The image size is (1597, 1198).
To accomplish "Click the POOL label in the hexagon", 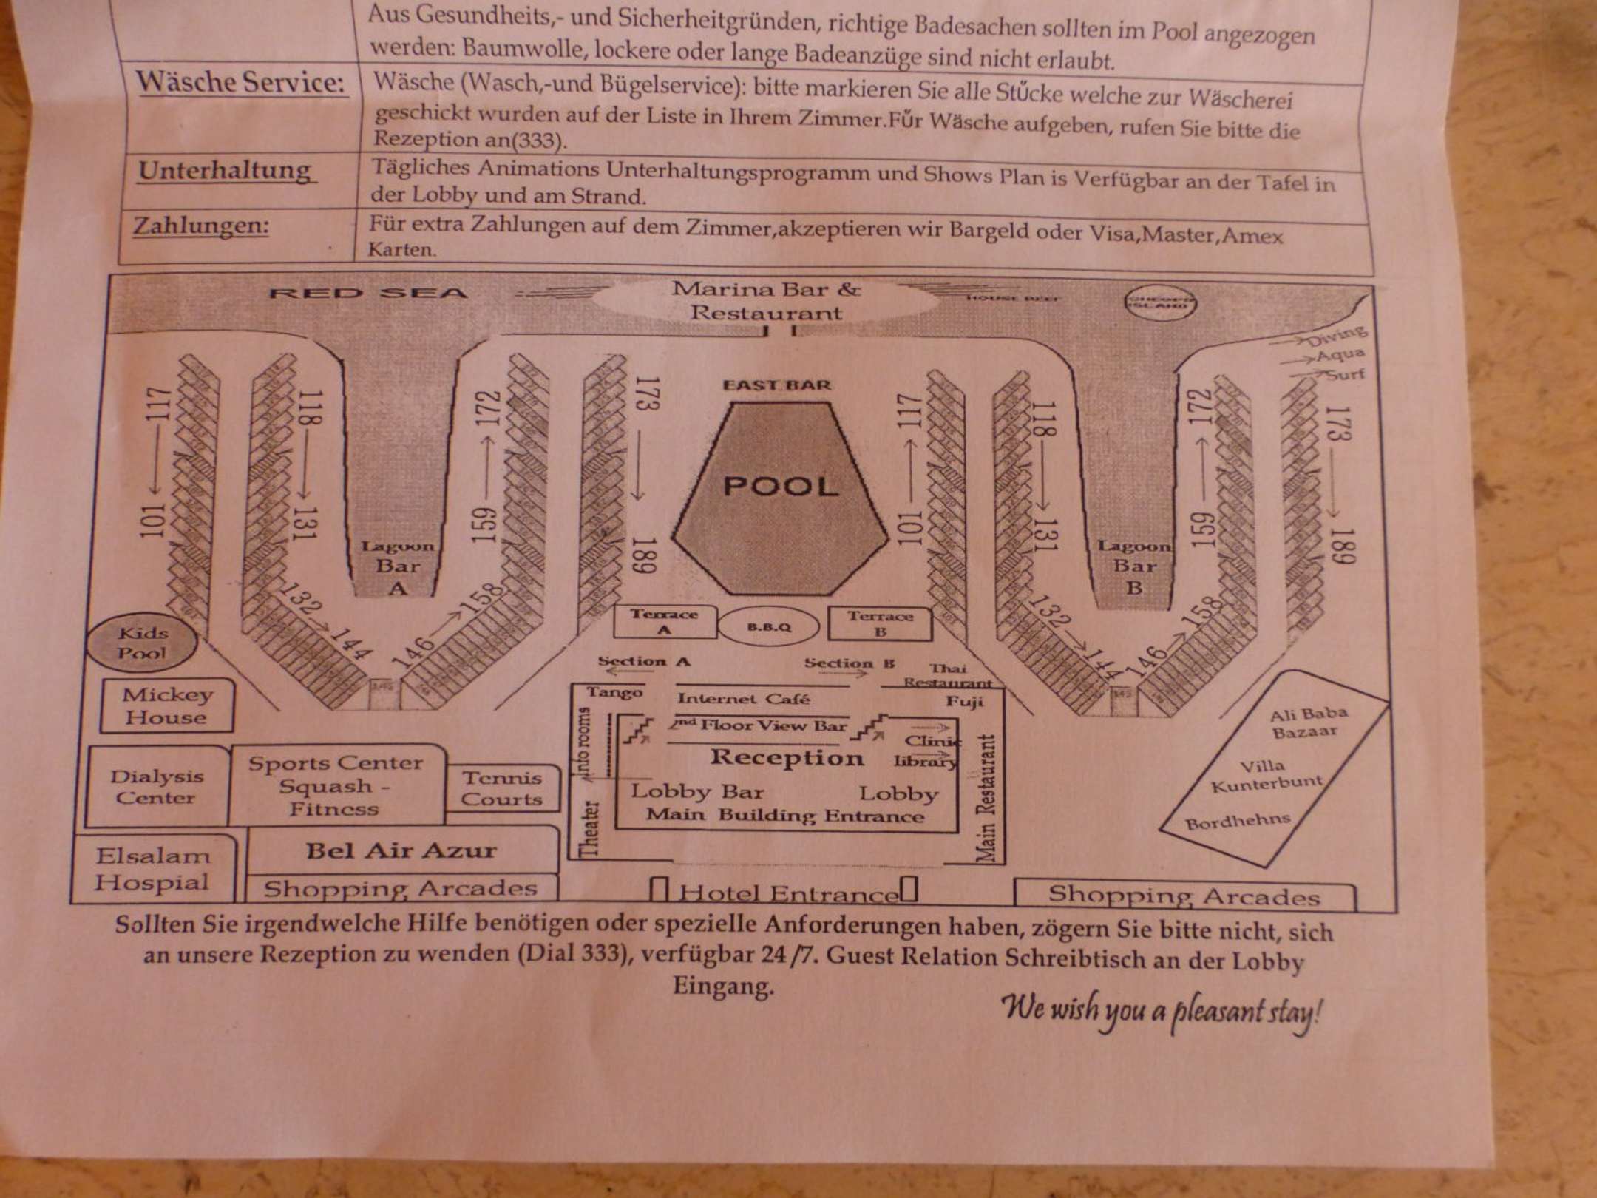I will pos(781,487).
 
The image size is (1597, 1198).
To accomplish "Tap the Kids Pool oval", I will pos(142,643).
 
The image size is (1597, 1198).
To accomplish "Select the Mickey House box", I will pos(167,706).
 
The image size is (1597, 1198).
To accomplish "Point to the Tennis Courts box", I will pos(502,788).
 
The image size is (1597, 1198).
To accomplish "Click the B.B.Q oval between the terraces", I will pos(769,626).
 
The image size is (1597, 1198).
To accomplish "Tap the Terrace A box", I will pos(664,622).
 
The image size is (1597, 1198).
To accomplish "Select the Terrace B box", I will pos(880,623).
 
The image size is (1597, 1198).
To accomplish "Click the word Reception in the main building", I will pos(787,757).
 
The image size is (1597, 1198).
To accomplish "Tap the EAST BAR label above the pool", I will pos(776,385).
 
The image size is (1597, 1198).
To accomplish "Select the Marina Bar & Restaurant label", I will pos(766,301).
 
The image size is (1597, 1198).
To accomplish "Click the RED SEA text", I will pos(367,294).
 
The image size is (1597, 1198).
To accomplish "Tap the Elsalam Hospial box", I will pos(153,870).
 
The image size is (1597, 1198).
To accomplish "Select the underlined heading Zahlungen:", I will pos(201,225).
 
